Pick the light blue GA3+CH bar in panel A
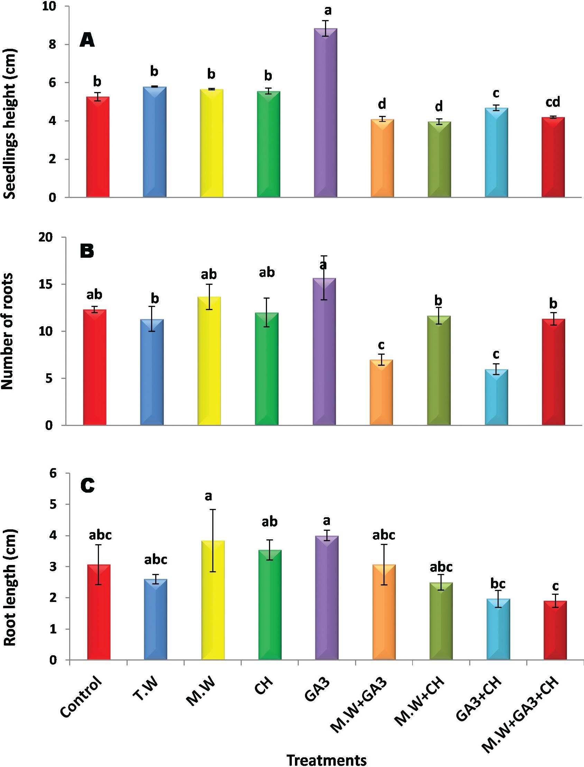point(496,153)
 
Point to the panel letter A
point(87,40)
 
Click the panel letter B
point(87,251)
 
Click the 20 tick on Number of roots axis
point(49,237)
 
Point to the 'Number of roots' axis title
point(8,331)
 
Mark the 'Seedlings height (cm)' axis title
point(9,124)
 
